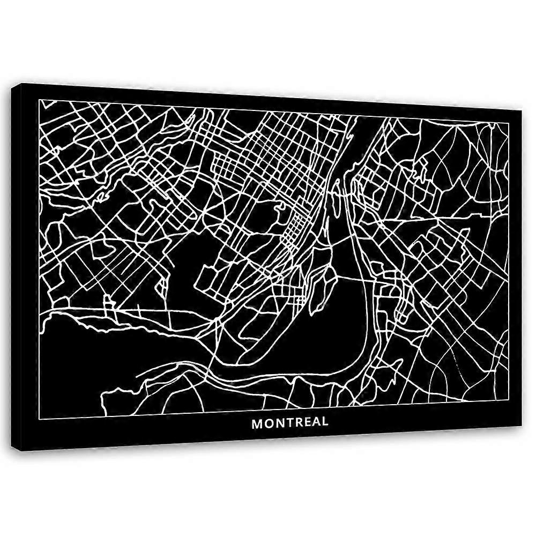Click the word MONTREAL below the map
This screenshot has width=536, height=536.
pos(290,422)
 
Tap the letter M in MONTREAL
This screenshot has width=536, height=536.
pos(257,423)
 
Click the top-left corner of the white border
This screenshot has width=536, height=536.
pos(40,100)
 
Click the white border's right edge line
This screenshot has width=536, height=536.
pos(509,257)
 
